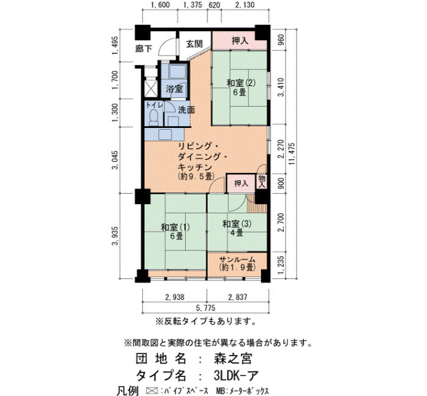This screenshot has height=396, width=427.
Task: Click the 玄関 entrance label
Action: pyautogui.click(x=195, y=44)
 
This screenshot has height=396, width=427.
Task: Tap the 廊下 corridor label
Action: pyautogui.click(x=144, y=49)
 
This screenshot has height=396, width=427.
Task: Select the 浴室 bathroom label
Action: pyautogui.click(x=174, y=89)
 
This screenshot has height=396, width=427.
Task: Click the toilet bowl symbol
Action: pyautogui.click(x=154, y=117)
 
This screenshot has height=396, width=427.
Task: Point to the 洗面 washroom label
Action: pyautogui.click(x=187, y=110)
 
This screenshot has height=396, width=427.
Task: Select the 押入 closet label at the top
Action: pyautogui.click(x=240, y=41)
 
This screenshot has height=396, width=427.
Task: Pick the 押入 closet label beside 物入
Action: pyautogui.click(x=242, y=183)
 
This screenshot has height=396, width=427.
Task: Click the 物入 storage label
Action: pyautogui.click(x=262, y=182)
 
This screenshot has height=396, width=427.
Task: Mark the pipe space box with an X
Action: pyautogui.click(x=151, y=87)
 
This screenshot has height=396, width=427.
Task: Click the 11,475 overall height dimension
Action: pyautogui.click(x=292, y=154)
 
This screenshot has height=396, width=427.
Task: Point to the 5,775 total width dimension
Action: pyautogui.click(x=206, y=308)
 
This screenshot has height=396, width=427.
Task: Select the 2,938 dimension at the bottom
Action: pyautogui.click(x=174, y=297)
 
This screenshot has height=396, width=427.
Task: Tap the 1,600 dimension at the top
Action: pyautogui.click(x=160, y=5)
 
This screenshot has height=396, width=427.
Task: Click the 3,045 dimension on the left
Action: pyautogui.click(x=115, y=160)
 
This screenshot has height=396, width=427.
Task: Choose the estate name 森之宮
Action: pyautogui.click(x=233, y=358)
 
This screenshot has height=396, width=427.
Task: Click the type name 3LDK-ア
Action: pyautogui.click(x=236, y=376)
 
